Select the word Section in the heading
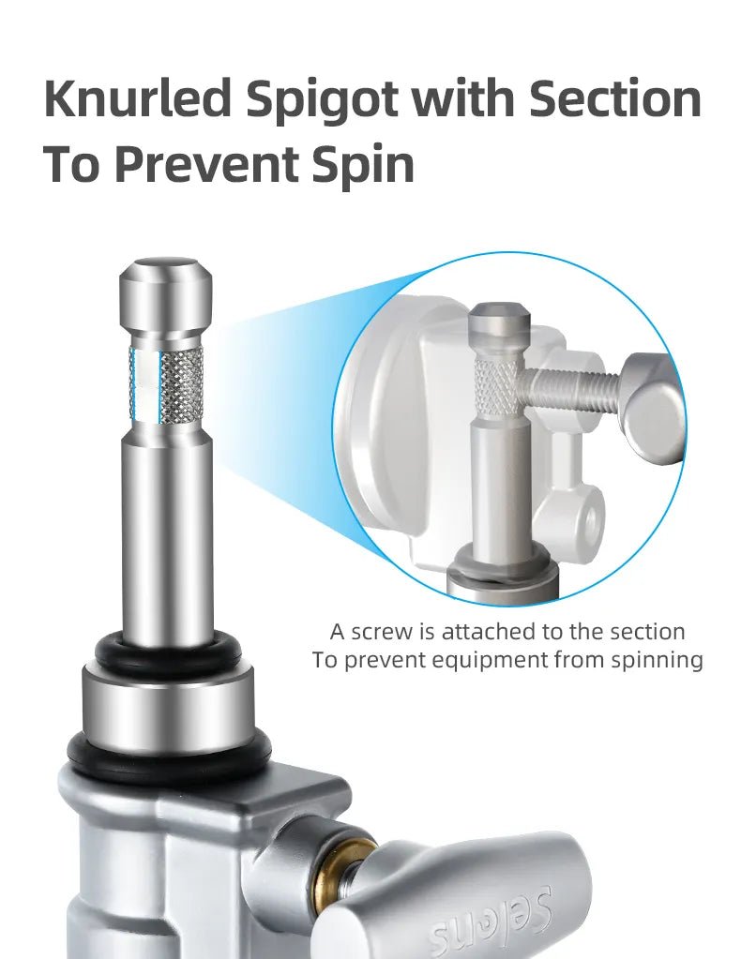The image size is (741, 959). point(615,98)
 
